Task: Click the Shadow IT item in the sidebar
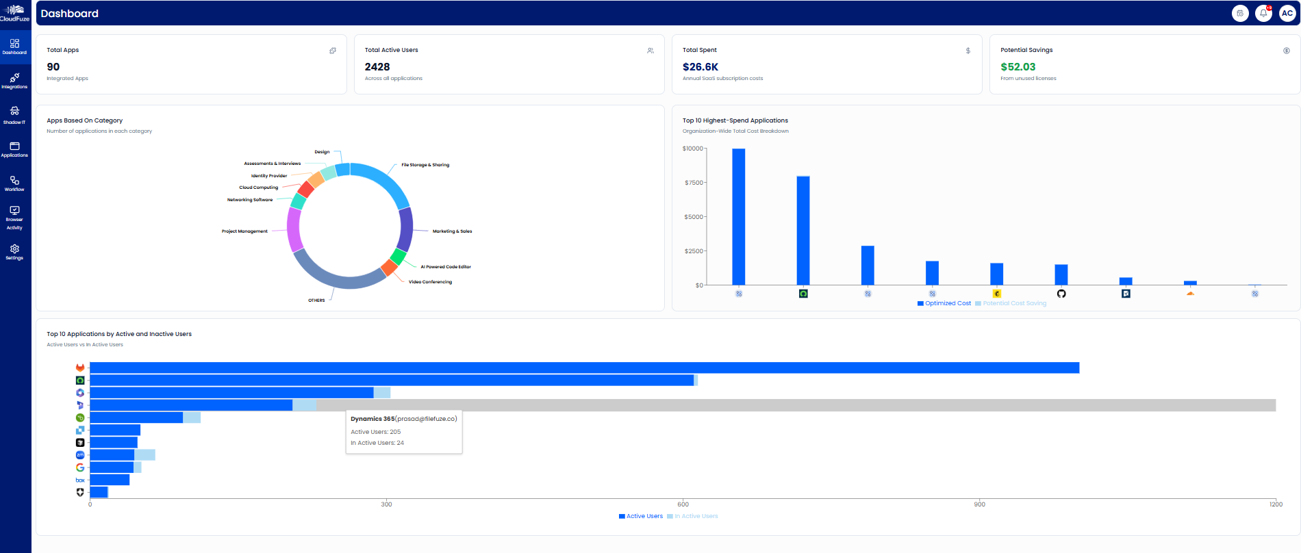pos(14,115)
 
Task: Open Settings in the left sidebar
pos(14,252)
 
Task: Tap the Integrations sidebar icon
pos(14,81)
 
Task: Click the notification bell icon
pos(1263,13)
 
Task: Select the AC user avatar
pos(1287,13)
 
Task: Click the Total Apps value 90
pos(53,67)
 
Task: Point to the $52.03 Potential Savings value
pos(1018,67)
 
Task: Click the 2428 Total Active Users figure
pos(377,67)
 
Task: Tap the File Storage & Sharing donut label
pos(425,165)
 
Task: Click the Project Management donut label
pos(244,231)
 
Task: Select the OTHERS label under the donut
pos(316,300)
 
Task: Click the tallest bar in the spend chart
pos(739,216)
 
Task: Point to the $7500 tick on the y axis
pos(694,183)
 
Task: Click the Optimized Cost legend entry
pos(944,303)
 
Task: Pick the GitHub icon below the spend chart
pos(1061,294)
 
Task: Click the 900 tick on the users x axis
pos(979,504)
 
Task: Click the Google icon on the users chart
pos(80,467)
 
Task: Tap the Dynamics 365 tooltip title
pos(372,419)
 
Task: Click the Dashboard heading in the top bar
pos(70,14)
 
